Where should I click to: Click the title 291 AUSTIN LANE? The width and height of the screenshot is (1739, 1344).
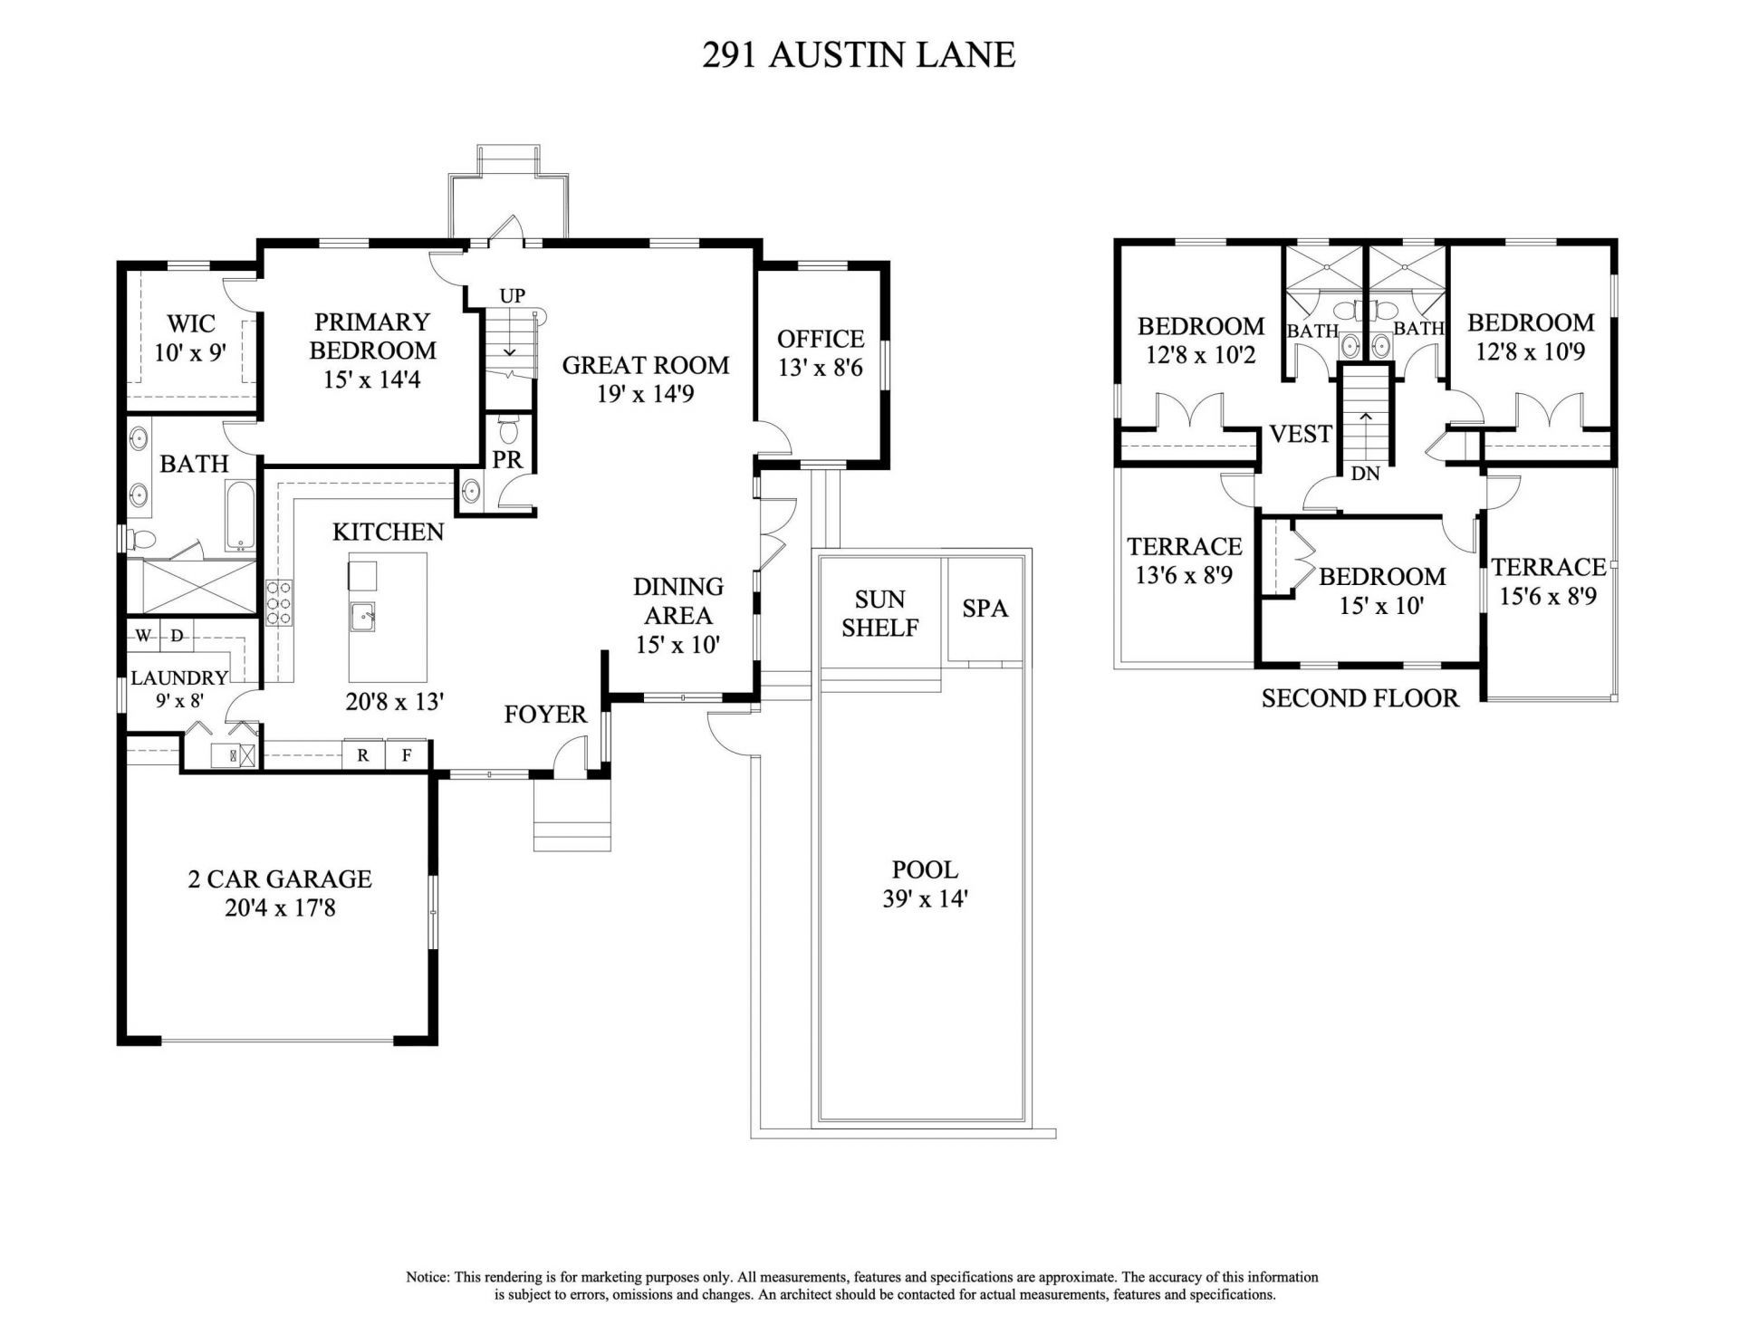coord(859,55)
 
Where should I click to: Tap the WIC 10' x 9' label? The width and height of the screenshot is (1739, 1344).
coord(190,338)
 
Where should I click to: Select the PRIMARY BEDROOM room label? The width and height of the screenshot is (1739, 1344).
coord(372,336)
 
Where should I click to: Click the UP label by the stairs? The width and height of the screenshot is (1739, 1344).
coord(513,296)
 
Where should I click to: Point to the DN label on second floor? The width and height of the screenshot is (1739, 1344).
coord(1365,473)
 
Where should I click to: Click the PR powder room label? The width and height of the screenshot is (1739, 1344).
coord(507,459)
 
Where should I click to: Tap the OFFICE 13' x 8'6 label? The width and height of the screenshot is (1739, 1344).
coord(821,352)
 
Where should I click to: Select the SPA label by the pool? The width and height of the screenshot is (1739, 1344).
coord(985,608)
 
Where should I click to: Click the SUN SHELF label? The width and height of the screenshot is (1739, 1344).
coord(879,613)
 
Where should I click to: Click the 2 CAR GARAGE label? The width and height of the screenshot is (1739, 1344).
coord(280,892)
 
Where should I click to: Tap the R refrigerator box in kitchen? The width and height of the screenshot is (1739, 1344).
coord(363,754)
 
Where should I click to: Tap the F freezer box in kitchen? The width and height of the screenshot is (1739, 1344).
coord(407,754)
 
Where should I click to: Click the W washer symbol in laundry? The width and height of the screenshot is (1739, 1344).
coord(143,636)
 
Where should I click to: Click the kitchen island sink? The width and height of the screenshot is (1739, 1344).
coord(364,616)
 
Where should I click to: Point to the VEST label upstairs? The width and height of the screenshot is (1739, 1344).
coord(1301,434)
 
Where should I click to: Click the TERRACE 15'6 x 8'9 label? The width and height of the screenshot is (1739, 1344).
coord(1548,581)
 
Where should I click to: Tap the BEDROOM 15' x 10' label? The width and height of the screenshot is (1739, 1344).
coord(1381,590)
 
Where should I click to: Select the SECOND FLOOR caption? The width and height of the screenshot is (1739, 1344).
coord(1359,697)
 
